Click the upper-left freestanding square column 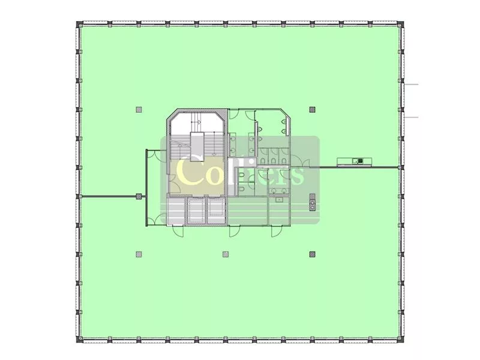point(139,109)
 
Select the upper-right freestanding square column point(312,109)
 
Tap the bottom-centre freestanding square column point(226,254)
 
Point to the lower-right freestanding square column point(312,254)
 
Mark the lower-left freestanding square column point(139,254)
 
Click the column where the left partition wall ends point(139,196)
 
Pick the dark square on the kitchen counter point(361,160)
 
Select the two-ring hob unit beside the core point(312,202)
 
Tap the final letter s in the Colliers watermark point(298,176)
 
